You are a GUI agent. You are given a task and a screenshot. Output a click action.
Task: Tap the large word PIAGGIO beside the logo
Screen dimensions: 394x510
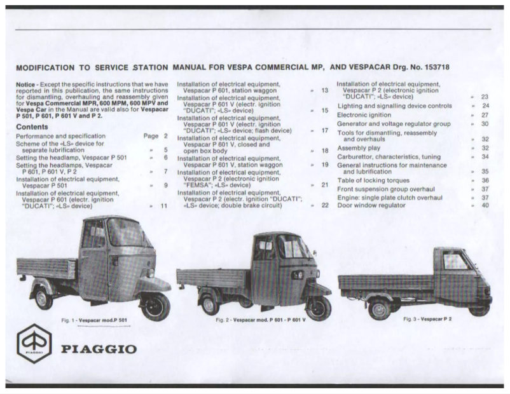(x=99, y=349)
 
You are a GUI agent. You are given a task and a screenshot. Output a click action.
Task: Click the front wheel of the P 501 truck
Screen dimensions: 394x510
(x=155, y=306)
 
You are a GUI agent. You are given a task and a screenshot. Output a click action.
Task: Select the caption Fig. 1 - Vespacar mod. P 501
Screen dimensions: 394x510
(x=95, y=320)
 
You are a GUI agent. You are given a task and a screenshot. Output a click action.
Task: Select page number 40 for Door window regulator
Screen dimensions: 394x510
(x=485, y=205)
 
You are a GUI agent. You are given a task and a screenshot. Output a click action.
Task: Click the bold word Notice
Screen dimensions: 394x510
(x=26, y=85)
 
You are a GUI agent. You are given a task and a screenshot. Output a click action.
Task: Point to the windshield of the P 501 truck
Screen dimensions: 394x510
(x=127, y=234)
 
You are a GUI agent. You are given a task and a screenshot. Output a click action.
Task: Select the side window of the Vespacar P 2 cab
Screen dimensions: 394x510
(x=455, y=261)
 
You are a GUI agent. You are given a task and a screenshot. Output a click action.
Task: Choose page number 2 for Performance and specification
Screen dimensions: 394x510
(x=166, y=136)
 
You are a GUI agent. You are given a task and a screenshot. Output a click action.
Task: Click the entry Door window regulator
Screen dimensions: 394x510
(x=371, y=205)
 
